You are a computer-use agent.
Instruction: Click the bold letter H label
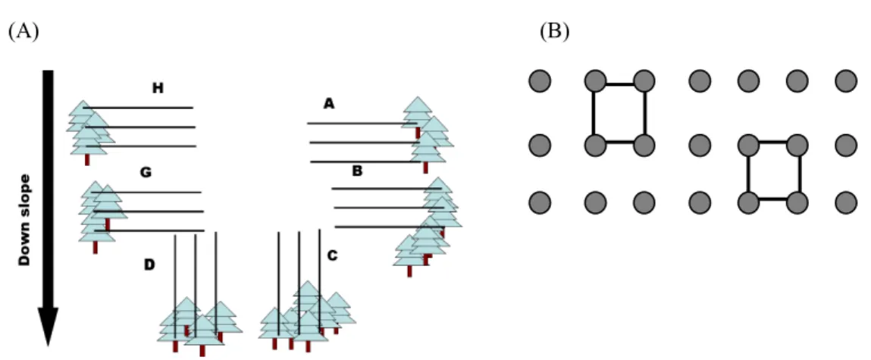tap(158, 88)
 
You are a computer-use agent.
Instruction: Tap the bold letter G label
tap(146, 173)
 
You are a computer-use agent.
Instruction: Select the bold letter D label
tap(149, 265)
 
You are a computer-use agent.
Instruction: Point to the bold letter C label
tap(332, 255)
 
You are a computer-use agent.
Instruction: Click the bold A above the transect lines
tap(330, 103)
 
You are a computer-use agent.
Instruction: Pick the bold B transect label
tap(357, 171)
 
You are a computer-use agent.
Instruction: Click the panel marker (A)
tap(23, 32)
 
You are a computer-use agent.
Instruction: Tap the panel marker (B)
tap(554, 32)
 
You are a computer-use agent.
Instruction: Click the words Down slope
tap(24, 220)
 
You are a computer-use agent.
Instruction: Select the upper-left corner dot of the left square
tap(595, 82)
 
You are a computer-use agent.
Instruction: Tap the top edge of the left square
tap(619, 84)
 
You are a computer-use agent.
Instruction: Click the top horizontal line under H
tap(138, 108)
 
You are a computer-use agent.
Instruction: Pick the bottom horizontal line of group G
tap(149, 230)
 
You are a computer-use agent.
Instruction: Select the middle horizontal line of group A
tap(365, 142)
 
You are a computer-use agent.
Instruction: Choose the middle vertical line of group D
tap(196, 286)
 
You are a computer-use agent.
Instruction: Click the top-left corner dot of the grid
tap(540, 82)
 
